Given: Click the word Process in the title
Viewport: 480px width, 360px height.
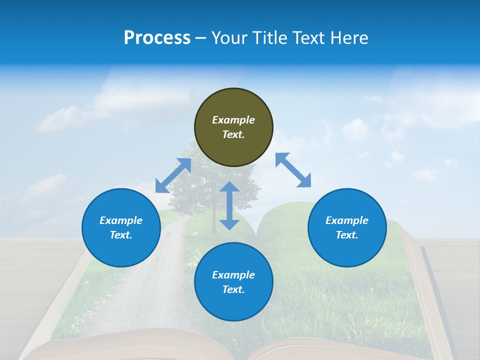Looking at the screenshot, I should coord(157,38).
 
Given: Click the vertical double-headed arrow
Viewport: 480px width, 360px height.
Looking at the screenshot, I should coord(229,205).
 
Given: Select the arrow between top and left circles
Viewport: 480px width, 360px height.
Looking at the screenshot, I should coord(173,175).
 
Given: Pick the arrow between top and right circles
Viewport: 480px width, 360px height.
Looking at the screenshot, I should coord(293,170).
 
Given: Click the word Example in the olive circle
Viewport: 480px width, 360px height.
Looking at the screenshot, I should coord(233,120).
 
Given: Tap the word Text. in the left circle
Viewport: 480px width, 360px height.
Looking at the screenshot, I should coord(121,235).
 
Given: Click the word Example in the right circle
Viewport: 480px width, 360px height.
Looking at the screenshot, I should coord(347,220).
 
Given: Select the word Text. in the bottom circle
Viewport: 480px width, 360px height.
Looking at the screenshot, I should coord(233,289).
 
